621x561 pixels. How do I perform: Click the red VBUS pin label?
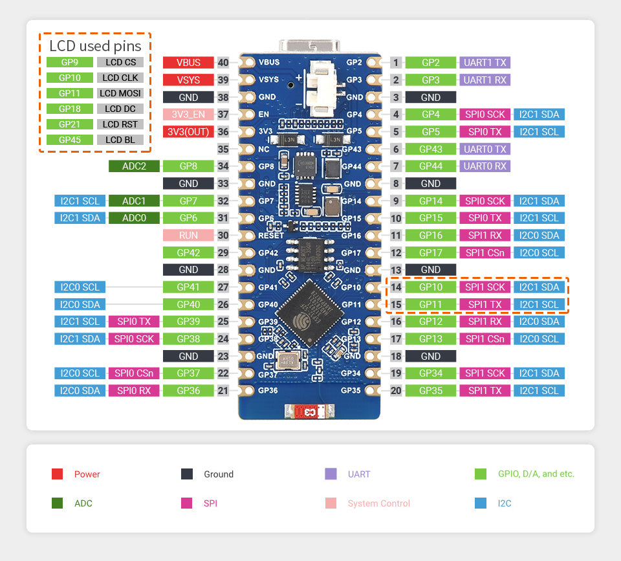tap(188, 63)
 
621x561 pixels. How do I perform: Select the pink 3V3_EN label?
tap(188, 115)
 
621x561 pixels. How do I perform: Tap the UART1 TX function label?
tap(485, 63)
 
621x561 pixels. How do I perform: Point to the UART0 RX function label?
tap(485, 166)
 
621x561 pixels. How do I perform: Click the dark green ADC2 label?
tap(134, 166)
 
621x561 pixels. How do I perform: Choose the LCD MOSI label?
tap(120, 93)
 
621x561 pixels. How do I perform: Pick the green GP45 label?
tap(70, 140)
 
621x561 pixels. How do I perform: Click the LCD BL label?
tap(120, 140)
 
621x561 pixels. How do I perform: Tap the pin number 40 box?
tap(223, 63)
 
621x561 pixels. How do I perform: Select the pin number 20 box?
tap(396, 390)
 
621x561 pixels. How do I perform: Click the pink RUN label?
tap(188, 236)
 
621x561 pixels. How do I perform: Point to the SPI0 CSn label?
tap(134, 373)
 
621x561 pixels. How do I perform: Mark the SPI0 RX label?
tap(134, 390)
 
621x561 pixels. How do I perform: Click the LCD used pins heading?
tap(95, 46)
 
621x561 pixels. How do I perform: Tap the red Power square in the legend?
tap(57, 474)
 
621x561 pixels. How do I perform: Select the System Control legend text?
tap(378, 503)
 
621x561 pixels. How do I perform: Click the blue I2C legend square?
tap(481, 503)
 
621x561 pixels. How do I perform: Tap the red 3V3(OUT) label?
tap(188, 132)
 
